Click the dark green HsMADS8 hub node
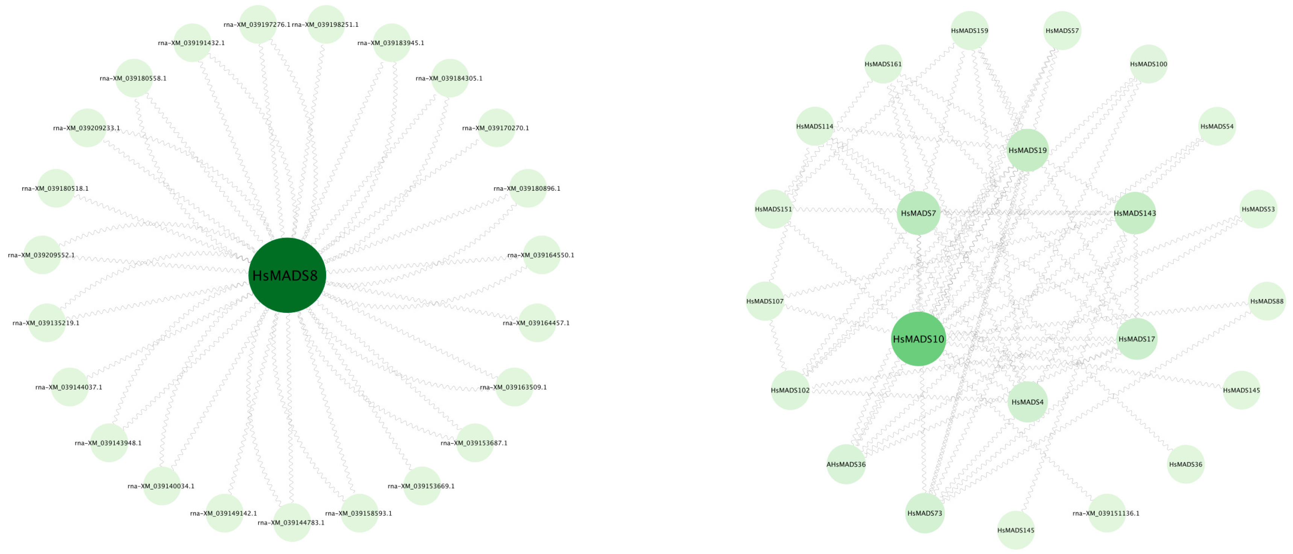pos(287,275)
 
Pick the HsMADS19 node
pos(1027,150)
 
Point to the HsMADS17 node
pos(1137,339)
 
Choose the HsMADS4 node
pos(1027,402)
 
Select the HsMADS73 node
pos(925,513)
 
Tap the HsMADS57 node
pos(1062,30)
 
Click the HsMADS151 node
pos(773,209)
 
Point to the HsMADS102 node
pos(790,390)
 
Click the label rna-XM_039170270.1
pos(495,128)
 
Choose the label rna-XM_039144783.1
pos(291,522)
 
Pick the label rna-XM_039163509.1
pos(513,387)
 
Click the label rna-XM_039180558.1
pos(133,78)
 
